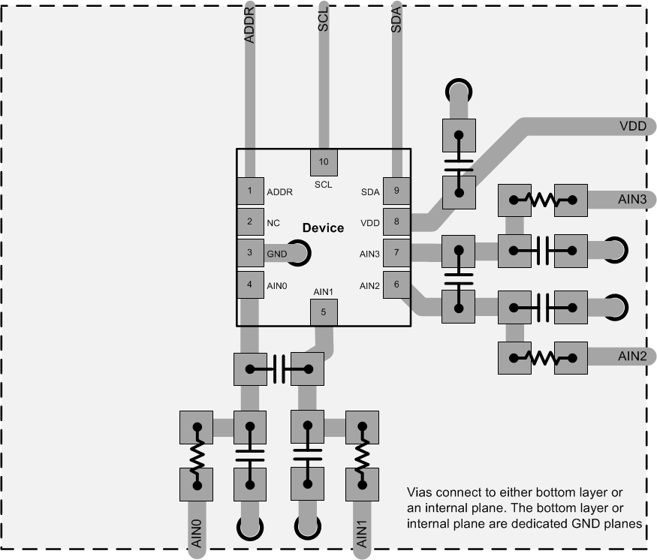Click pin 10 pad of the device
pyautogui.click(x=324, y=161)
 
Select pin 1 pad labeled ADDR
pyautogui.click(x=249, y=191)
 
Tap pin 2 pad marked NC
pyautogui.click(x=249, y=221)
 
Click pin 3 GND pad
pyautogui.click(x=249, y=253)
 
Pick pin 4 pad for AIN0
pyautogui.click(x=249, y=285)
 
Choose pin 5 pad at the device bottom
pyautogui.click(x=324, y=312)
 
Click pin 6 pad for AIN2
pyautogui.click(x=396, y=285)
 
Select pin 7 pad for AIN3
pyautogui.click(x=396, y=253)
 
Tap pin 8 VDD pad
pyautogui.click(x=396, y=221)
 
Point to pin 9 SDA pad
pyautogui.click(x=396, y=191)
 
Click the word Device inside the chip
pyautogui.click(x=323, y=227)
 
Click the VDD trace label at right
pyautogui.click(x=633, y=126)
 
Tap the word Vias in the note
pyautogui.click(x=420, y=492)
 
